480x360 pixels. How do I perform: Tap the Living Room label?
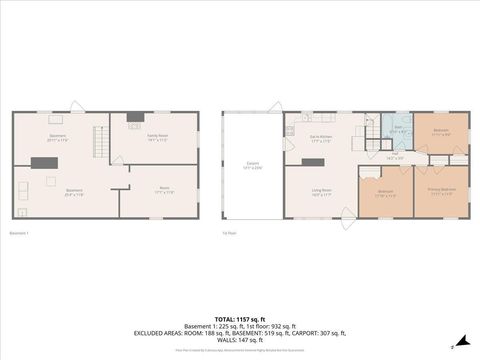[x=322, y=192]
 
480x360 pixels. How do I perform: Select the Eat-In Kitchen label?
[x=322, y=140]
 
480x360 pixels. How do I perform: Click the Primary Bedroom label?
[x=440, y=192]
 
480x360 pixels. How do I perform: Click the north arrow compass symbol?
[x=461, y=340]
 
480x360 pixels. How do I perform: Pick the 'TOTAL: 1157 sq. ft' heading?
[x=240, y=317]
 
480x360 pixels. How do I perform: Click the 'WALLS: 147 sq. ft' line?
[x=240, y=339]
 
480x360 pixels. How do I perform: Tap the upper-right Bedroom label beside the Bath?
[x=440, y=131]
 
